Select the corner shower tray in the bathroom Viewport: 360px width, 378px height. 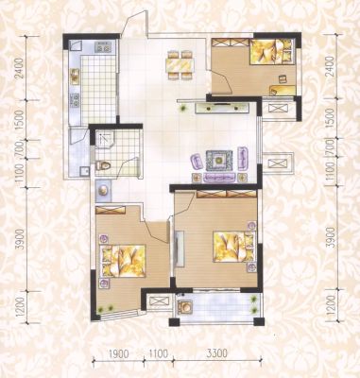105,139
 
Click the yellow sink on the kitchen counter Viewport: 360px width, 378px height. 75,76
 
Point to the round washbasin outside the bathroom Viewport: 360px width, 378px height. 103,191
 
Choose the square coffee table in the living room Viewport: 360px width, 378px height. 219,161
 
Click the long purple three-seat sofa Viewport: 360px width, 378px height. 219,178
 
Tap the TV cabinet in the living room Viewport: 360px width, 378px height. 221,108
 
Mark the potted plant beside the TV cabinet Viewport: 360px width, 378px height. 183,109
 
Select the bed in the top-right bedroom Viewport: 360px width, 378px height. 273,52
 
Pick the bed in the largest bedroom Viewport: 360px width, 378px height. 233,247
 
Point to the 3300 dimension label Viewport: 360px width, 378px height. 216,353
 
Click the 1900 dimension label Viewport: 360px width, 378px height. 118,353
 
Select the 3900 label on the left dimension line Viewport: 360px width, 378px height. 21,239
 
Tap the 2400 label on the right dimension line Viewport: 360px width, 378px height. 331,66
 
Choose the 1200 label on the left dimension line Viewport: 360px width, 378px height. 21,307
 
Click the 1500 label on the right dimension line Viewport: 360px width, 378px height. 331,118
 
